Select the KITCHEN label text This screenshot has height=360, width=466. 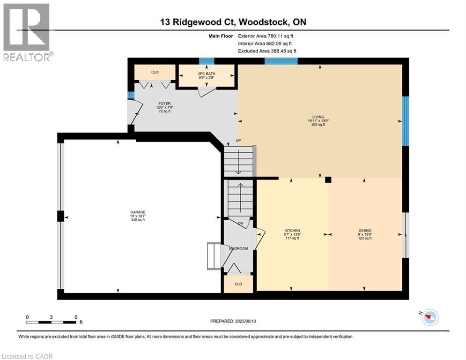coord(292,231)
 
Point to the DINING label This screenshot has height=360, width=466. coord(365,231)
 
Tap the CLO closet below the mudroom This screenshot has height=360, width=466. coord(238,284)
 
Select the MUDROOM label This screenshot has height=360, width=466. coord(238,248)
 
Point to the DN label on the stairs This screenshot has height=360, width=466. coord(240,223)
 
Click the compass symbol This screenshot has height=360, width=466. coord(429,317)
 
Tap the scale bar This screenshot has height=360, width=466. coord(51,322)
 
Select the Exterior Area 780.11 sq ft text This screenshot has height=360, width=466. coord(266,36)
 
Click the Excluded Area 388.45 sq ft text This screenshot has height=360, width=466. coord(267,51)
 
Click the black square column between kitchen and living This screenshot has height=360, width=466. coord(328,179)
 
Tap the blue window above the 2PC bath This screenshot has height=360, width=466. coord(207,61)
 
